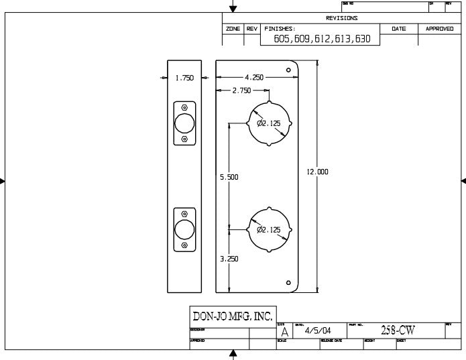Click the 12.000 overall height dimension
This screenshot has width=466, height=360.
[317, 172]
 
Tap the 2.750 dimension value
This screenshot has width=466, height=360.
[241, 91]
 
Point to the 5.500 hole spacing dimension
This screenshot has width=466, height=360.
[229, 178]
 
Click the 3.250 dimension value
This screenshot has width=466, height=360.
[229, 259]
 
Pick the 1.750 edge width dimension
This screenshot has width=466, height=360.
[184, 78]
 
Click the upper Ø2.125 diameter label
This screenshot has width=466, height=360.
[270, 123]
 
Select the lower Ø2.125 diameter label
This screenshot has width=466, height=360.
[270, 229]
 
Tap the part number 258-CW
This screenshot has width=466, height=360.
[398, 331]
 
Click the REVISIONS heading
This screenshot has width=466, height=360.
[341, 18]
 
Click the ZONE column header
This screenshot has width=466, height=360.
[233, 29]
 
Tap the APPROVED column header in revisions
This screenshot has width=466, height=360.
[439, 29]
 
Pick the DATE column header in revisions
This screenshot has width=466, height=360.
[399, 29]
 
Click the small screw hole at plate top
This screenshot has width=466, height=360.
[288, 70]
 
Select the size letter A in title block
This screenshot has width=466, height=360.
[285, 332]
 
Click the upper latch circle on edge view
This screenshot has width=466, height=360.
[184, 123]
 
